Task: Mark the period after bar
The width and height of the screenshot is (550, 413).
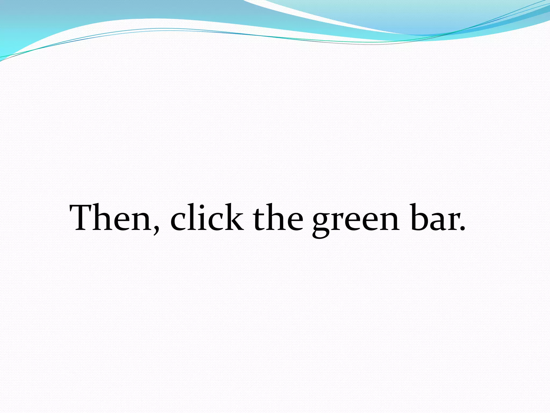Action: click(x=462, y=229)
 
